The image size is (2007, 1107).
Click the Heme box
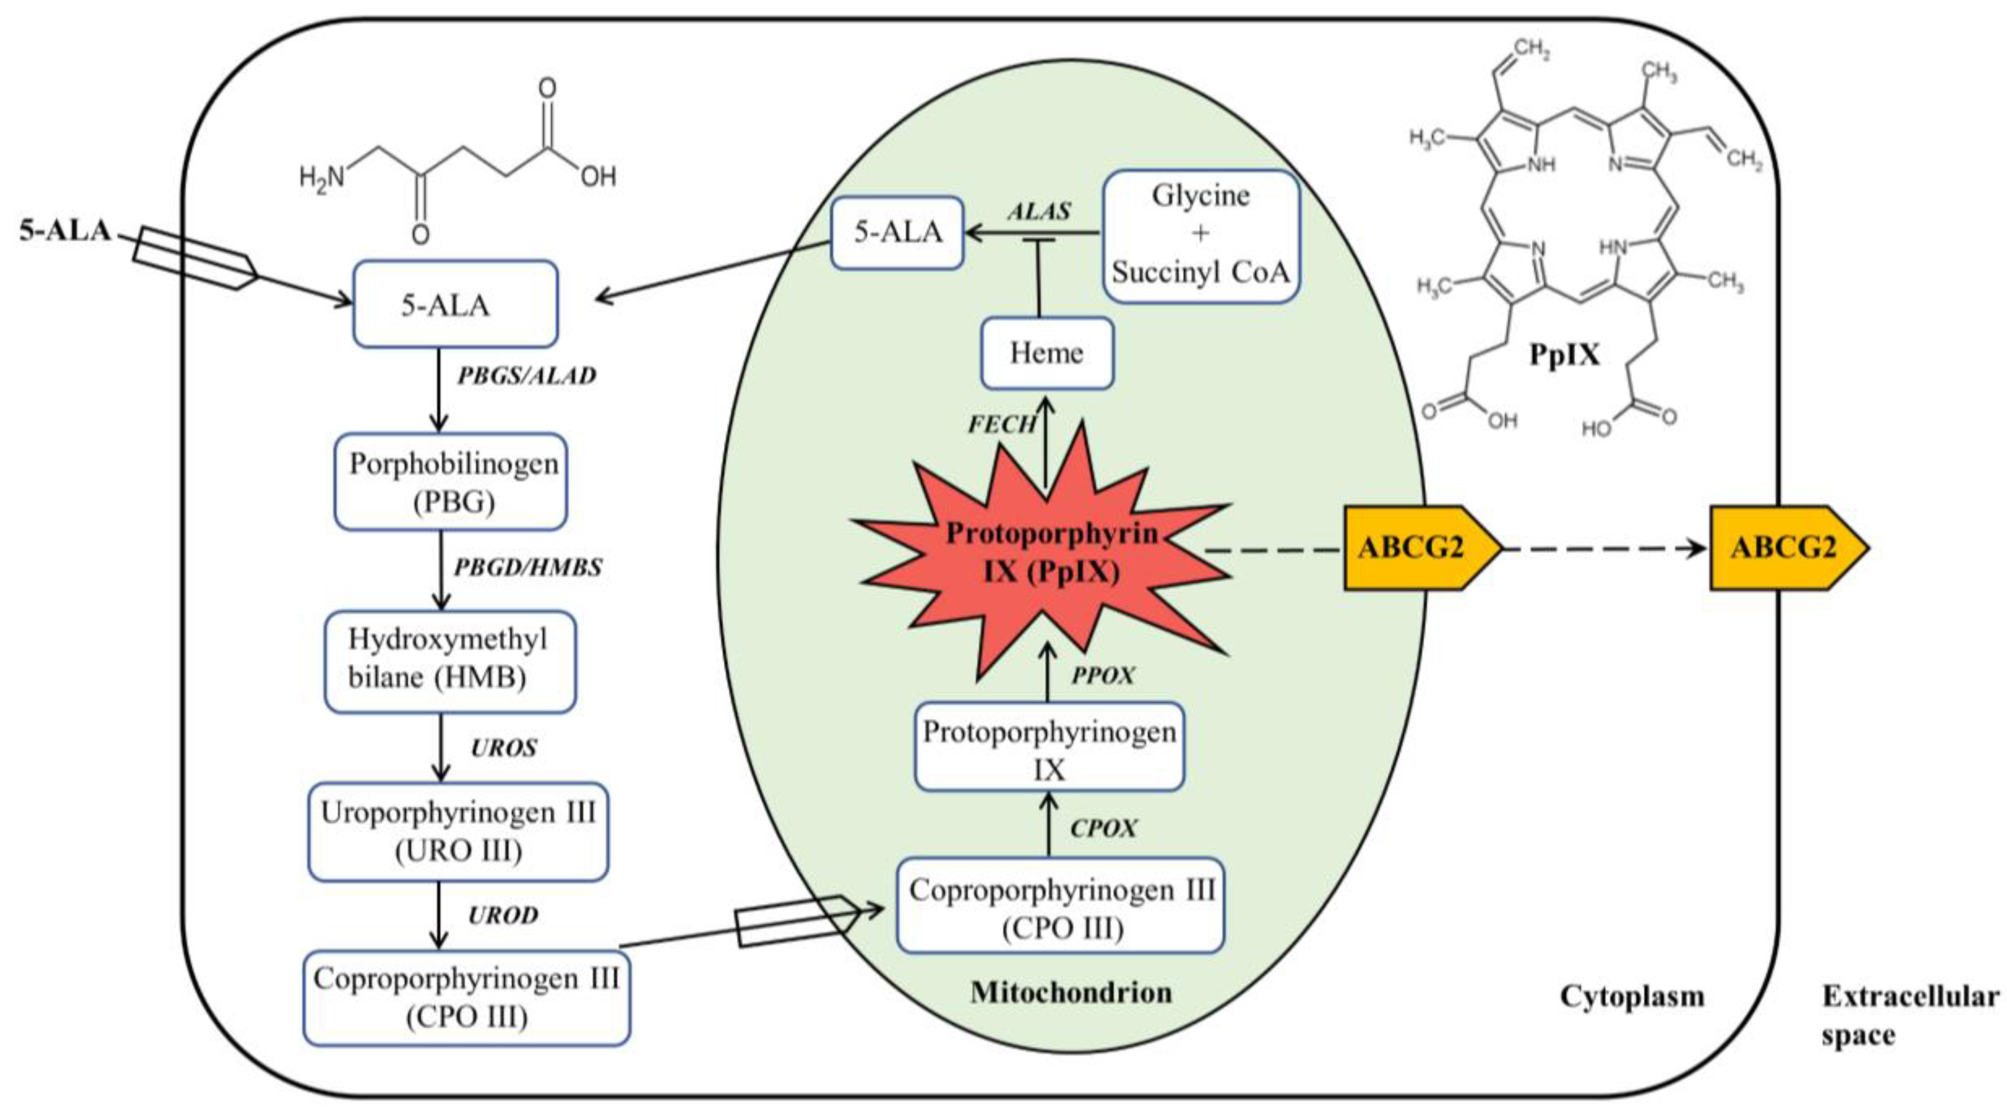(x=1046, y=353)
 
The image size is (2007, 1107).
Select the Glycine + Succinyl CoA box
(x=1201, y=235)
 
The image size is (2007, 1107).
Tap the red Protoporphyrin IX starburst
(x=1048, y=553)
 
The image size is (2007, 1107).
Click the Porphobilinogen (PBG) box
(x=450, y=482)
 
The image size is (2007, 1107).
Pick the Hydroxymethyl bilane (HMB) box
(x=450, y=661)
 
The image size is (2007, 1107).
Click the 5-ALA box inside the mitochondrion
(x=897, y=232)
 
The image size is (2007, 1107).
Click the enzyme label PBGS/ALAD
(x=526, y=376)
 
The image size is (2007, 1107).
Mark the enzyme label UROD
(x=503, y=915)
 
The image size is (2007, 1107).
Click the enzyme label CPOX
(x=1103, y=828)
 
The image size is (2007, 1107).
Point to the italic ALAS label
(x=1038, y=211)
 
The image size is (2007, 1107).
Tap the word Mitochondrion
(x=1070, y=992)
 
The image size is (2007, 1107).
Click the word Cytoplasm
(x=1631, y=996)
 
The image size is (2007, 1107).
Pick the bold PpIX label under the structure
(x=1564, y=355)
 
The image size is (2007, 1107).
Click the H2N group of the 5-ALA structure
(x=322, y=178)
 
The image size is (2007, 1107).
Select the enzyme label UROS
(x=503, y=748)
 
